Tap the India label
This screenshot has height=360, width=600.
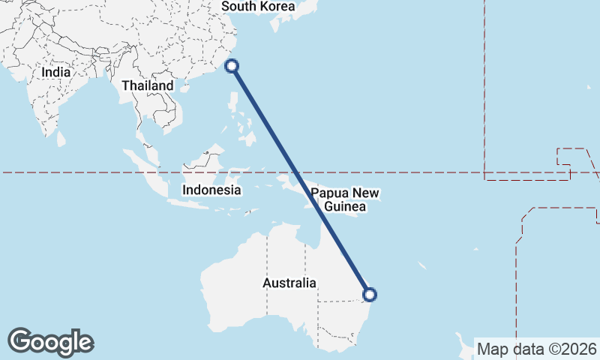click(56, 73)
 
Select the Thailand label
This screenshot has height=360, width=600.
click(148, 85)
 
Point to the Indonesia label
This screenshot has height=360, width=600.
click(211, 190)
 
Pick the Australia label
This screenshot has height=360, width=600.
click(289, 283)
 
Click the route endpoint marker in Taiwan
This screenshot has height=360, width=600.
click(232, 66)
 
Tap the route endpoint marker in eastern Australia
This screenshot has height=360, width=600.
click(369, 295)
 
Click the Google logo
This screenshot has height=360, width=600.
click(50, 342)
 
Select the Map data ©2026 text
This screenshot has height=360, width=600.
click(537, 349)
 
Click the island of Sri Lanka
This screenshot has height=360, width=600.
click(61, 139)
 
